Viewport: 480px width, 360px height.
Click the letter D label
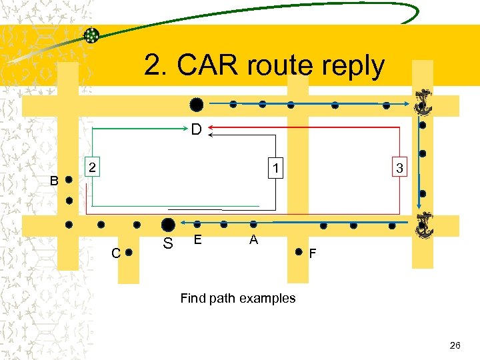(197, 129)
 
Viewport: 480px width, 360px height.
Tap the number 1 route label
(275, 166)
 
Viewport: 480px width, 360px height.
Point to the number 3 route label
(399, 169)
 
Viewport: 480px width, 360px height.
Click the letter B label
(55, 181)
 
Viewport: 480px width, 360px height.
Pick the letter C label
(116, 253)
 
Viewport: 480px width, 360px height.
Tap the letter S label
(168, 245)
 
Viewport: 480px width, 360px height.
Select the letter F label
(313, 254)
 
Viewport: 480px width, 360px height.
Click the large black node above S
(169, 225)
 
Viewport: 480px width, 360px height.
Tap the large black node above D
(196, 105)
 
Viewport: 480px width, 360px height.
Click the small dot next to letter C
(130, 253)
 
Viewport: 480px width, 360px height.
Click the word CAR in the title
(205, 66)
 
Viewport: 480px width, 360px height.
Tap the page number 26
(455, 345)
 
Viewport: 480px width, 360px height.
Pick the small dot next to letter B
(69, 180)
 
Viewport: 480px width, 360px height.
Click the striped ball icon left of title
(92, 36)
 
